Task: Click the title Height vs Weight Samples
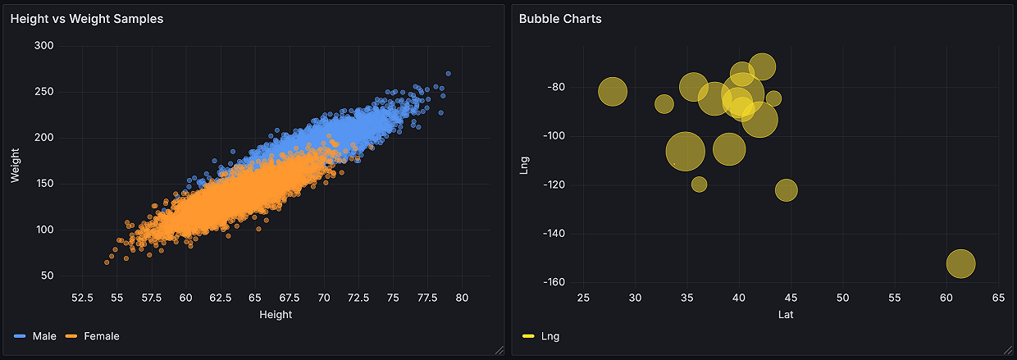[x=87, y=19]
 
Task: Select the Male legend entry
[x=44, y=336]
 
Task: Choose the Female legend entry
[x=101, y=336]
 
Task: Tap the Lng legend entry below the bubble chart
[x=550, y=336]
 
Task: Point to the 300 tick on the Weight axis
[x=44, y=46]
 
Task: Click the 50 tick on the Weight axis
[x=47, y=276]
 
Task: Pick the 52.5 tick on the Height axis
[x=82, y=298]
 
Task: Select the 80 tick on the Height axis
[x=462, y=298]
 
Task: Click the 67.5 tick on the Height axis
[x=289, y=298]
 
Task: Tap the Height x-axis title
[x=276, y=315]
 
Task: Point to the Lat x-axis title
[x=786, y=315]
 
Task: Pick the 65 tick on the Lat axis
[x=998, y=298]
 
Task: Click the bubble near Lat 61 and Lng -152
[x=960, y=263]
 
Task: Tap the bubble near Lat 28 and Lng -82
[x=613, y=92]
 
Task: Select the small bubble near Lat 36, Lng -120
[x=699, y=184]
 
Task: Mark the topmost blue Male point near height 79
[x=448, y=74]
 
